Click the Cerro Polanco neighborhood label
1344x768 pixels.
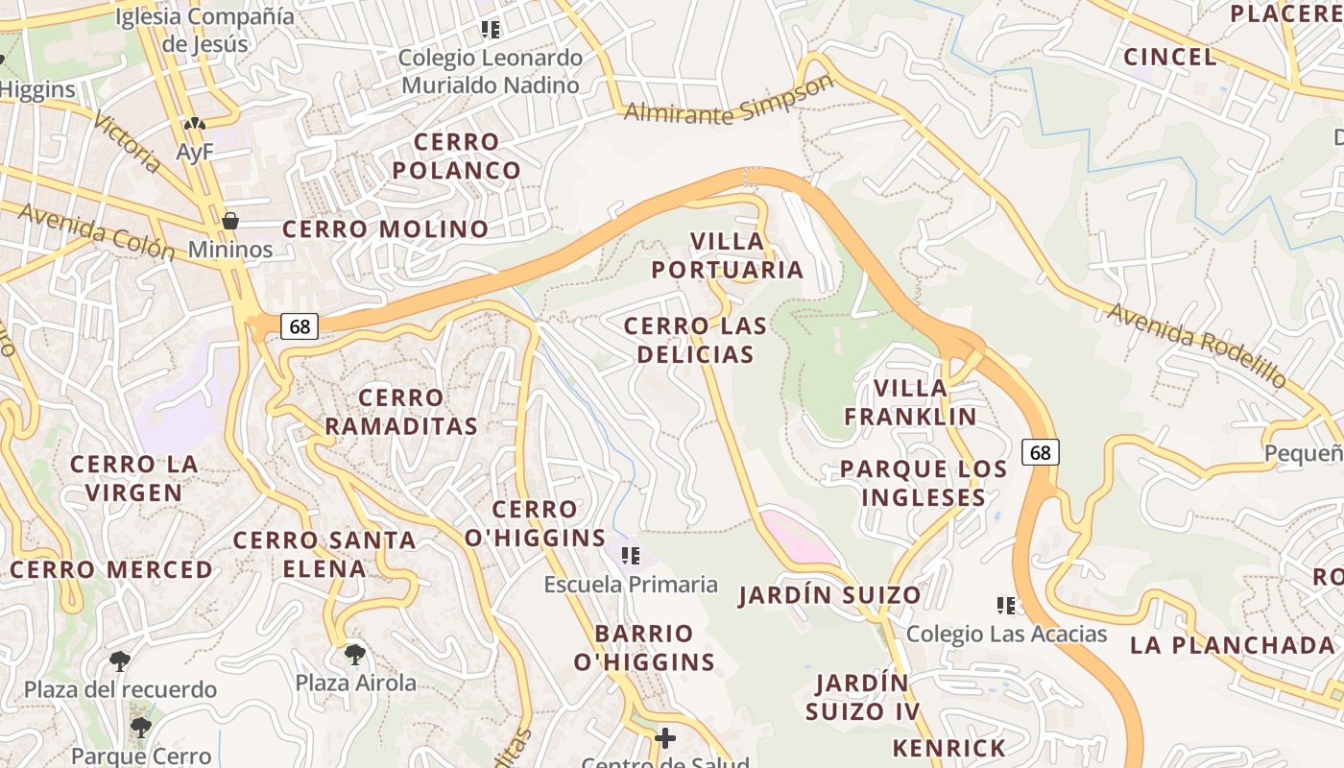456,156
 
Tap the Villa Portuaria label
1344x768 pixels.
728,255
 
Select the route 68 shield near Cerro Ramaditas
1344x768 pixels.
300,326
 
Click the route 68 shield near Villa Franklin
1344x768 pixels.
1041,451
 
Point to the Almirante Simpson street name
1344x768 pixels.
729,101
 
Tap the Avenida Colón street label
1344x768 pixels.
96,232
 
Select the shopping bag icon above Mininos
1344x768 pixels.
230,222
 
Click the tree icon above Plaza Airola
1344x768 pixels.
355,656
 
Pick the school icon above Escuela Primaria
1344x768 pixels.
631,556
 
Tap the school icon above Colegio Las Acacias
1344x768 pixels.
1006,606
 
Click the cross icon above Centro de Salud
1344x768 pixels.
664,738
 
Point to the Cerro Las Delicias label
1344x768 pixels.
695,340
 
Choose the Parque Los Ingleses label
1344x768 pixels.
924,483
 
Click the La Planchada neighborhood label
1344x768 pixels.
1233,644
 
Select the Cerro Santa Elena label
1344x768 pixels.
324,554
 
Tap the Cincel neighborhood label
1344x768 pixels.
1170,57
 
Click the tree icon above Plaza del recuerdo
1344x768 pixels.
120,661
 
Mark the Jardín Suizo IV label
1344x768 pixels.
862,697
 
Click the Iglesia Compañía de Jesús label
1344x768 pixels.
204,30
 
